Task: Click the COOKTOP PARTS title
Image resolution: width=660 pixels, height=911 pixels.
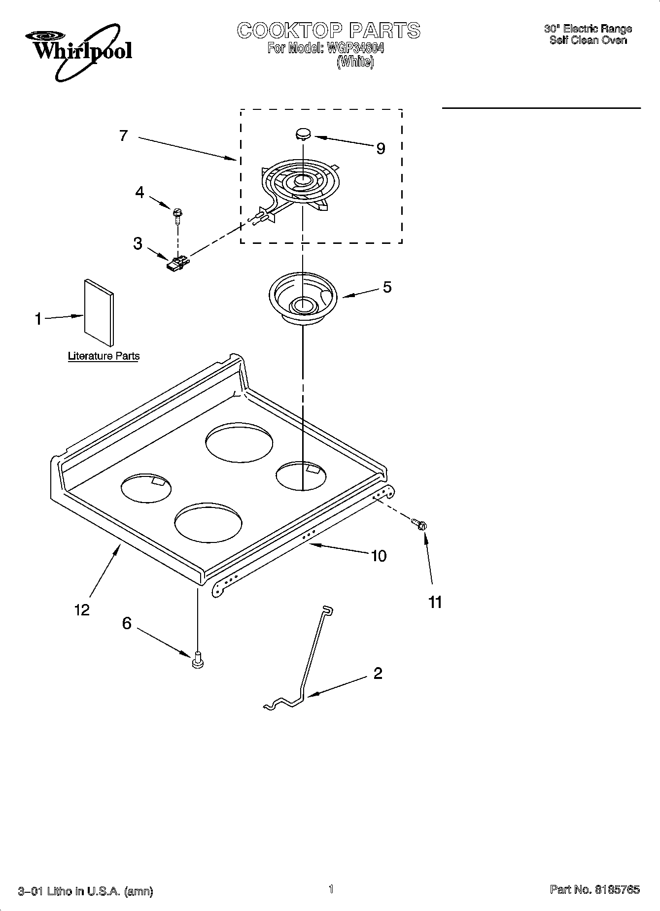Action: point(329,31)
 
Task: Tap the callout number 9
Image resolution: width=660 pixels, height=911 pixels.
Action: point(381,148)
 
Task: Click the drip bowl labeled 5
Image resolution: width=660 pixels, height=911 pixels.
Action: point(302,300)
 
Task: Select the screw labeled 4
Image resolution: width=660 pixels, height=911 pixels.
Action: point(177,213)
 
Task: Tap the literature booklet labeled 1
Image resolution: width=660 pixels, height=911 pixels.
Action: point(99,313)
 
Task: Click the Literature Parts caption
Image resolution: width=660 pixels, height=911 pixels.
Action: point(104,356)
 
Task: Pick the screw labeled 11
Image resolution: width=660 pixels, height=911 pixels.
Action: point(419,524)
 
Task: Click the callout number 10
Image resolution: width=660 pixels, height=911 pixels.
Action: point(378,556)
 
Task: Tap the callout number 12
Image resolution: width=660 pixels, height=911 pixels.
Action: point(82,610)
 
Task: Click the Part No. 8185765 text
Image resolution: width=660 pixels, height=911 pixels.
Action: point(594,889)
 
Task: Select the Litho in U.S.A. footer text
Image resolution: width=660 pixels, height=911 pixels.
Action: point(85,891)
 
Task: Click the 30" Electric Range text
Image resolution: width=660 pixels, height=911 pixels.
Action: point(588,29)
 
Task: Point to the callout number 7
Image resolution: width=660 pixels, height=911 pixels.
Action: point(123,135)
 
